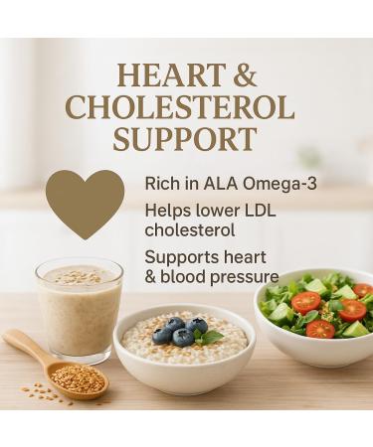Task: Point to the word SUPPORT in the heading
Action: [x=185, y=138]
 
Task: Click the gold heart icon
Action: [x=85, y=202]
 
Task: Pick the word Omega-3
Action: [x=247, y=184]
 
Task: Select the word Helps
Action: [x=166, y=211]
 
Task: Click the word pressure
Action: [x=243, y=277]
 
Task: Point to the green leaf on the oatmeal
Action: [x=212, y=338]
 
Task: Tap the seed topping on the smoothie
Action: [x=79, y=277]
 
